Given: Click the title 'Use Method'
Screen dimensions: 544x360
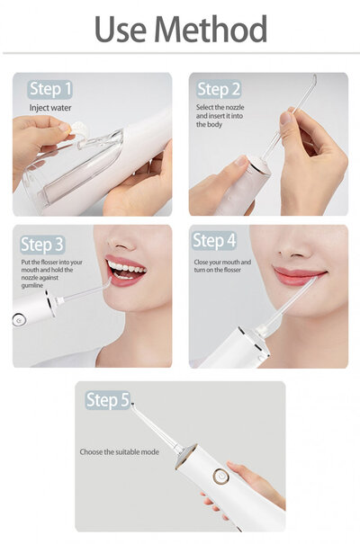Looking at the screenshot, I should click(180, 30).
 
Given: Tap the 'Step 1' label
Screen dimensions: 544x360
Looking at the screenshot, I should click(50, 88).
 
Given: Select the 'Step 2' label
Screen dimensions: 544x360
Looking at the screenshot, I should click(219, 88).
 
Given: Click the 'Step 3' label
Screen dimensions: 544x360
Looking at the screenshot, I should click(41, 245).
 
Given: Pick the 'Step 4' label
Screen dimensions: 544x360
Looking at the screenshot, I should click(214, 241).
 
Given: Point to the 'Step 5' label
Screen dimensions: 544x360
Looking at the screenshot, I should click(107, 400).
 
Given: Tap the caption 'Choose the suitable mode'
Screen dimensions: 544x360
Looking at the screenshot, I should click(121, 451).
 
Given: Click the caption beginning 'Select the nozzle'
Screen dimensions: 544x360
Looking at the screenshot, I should click(219, 116).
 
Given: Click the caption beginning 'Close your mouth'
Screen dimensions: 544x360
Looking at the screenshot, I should click(222, 267).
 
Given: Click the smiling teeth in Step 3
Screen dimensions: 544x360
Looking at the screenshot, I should click(127, 267).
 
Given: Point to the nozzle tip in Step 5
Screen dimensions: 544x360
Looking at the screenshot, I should click(133, 406).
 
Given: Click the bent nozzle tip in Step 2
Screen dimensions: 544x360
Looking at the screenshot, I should click(314, 79).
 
